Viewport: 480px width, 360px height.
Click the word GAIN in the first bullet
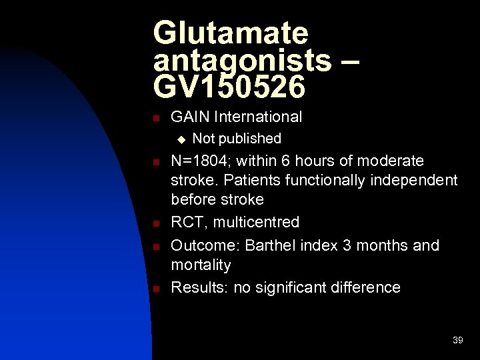(190, 117)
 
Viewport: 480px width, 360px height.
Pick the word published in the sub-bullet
(251, 139)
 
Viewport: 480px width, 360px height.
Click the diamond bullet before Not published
(179, 139)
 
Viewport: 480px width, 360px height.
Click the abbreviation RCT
(187, 222)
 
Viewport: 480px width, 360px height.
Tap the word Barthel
(269, 245)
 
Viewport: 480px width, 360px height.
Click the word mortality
(201, 265)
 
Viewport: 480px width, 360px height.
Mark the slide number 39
(457, 341)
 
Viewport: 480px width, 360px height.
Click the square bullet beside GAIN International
(155, 119)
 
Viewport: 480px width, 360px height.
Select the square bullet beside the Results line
(155, 289)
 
